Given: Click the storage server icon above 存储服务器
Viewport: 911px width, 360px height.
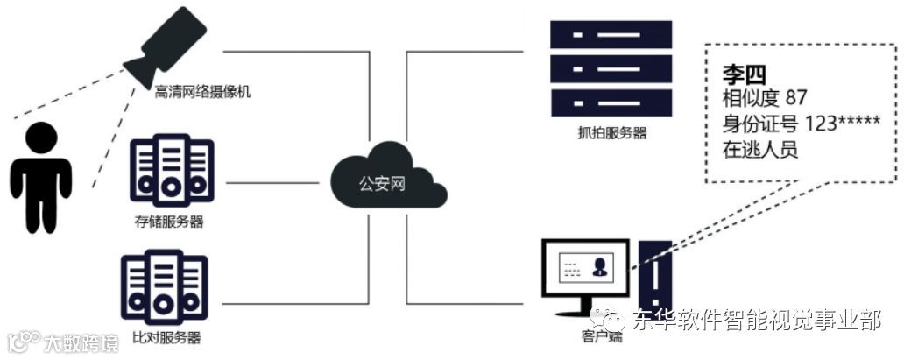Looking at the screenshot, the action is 172,171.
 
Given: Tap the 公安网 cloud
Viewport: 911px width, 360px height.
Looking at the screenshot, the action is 384,183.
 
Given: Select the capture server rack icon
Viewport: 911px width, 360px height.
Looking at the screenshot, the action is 611,70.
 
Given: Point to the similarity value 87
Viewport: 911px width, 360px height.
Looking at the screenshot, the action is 796,96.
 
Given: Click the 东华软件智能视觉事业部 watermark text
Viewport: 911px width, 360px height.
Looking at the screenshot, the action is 757,321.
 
